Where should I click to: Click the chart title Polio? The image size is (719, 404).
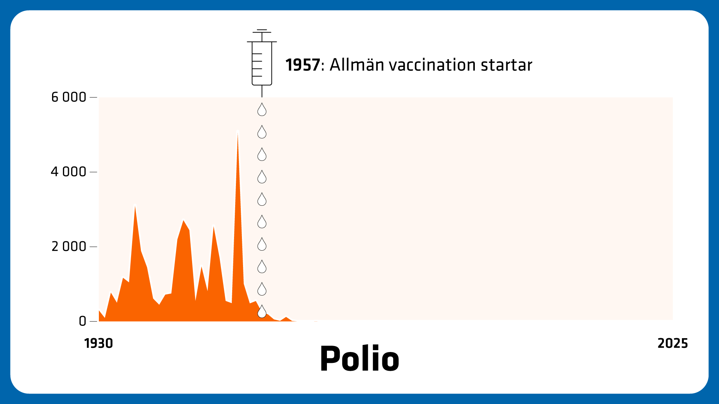click(359, 358)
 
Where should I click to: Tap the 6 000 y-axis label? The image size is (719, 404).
click(69, 97)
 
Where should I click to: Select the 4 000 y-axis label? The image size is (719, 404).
click(69, 172)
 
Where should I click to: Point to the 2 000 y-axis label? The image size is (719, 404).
click(69, 247)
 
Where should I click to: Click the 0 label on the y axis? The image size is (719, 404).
click(83, 321)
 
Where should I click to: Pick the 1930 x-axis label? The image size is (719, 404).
click(98, 343)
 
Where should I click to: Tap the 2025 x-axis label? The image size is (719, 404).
click(673, 343)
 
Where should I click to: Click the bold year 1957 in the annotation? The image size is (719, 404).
click(303, 65)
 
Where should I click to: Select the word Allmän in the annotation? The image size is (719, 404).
click(357, 65)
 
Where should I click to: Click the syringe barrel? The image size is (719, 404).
click(262, 63)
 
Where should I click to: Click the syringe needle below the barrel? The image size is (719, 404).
click(262, 91)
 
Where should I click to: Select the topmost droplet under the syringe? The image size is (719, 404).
click(262, 110)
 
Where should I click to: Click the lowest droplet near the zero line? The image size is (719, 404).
click(262, 312)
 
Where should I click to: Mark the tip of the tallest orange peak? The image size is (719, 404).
click(238, 131)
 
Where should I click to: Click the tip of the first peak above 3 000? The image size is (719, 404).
click(135, 205)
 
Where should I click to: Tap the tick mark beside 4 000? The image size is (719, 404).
click(94, 172)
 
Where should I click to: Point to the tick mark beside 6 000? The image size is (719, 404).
click(94, 97)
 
